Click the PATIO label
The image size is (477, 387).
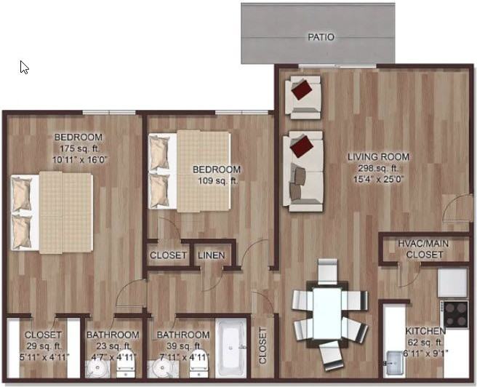click(x=321, y=36)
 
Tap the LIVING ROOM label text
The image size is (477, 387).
click(x=378, y=156)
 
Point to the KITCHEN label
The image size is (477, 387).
click(x=426, y=330)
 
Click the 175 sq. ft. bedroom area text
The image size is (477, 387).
click(x=78, y=148)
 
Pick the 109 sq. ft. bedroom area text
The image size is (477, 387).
click(x=216, y=181)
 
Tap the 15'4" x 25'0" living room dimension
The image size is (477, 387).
click(x=378, y=177)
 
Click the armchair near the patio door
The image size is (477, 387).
click(x=302, y=96)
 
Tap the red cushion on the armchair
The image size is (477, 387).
click(x=302, y=90)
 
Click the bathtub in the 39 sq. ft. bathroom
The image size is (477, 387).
click(x=233, y=348)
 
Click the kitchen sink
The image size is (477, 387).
click(x=393, y=359)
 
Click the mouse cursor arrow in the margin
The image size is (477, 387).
click(x=24, y=67)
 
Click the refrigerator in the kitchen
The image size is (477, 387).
click(x=452, y=282)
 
